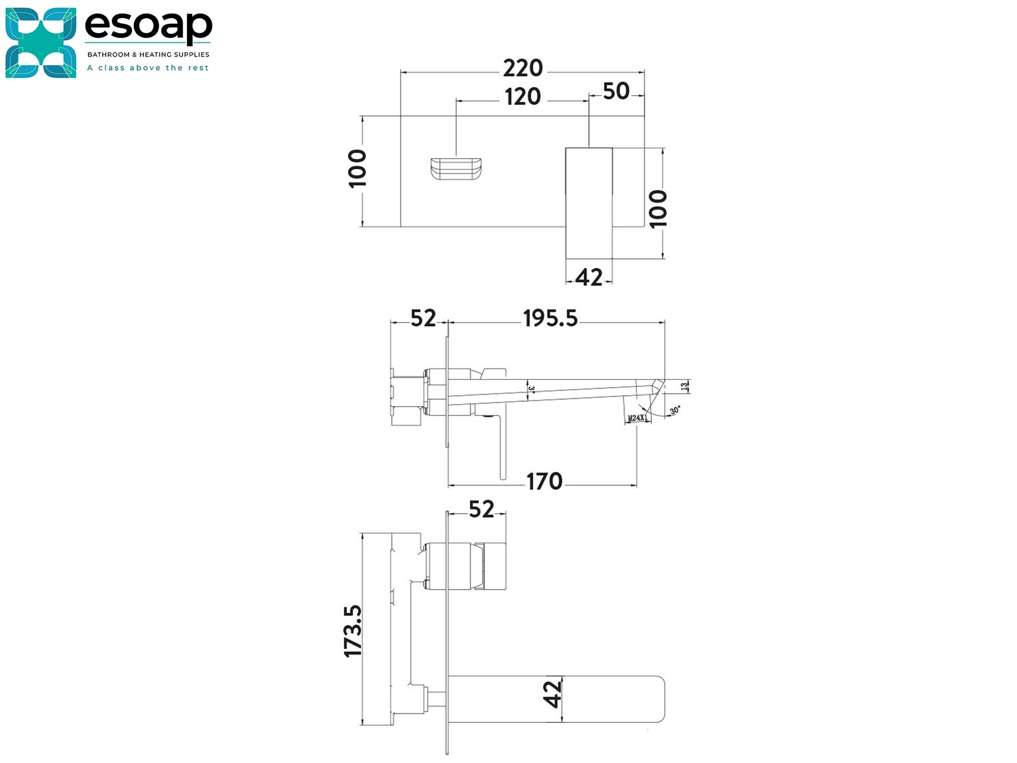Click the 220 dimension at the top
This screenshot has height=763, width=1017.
click(523, 68)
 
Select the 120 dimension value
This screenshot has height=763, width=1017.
click(523, 97)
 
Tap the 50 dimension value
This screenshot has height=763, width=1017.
click(616, 91)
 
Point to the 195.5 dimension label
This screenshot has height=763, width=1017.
click(550, 318)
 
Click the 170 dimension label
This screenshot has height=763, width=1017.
click(544, 482)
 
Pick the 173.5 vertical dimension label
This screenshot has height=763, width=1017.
click(354, 631)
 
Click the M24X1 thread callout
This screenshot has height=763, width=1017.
click(637, 418)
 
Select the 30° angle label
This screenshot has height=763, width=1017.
click(675, 411)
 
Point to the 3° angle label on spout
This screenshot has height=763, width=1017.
click(531, 389)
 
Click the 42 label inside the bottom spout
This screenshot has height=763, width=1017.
click(553, 694)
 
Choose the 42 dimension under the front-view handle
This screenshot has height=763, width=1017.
click(588, 278)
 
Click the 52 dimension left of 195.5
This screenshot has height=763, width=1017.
click(423, 318)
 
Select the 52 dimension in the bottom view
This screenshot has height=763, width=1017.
click(481, 510)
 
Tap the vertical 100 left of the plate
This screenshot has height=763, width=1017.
click(358, 169)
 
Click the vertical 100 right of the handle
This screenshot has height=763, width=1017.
click(658, 209)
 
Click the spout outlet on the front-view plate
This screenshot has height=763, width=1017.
click(456, 170)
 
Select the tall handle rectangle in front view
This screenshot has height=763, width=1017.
click(589, 203)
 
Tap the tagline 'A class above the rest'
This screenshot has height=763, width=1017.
click(148, 68)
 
